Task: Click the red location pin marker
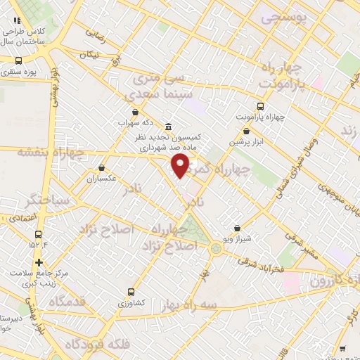point(181,166)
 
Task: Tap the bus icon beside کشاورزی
point(131,292)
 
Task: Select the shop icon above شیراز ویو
point(238,229)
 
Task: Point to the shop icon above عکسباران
point(103,168)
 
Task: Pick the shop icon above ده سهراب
point(134,111)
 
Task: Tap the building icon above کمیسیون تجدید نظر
point(168,127)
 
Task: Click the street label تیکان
point(89,54)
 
